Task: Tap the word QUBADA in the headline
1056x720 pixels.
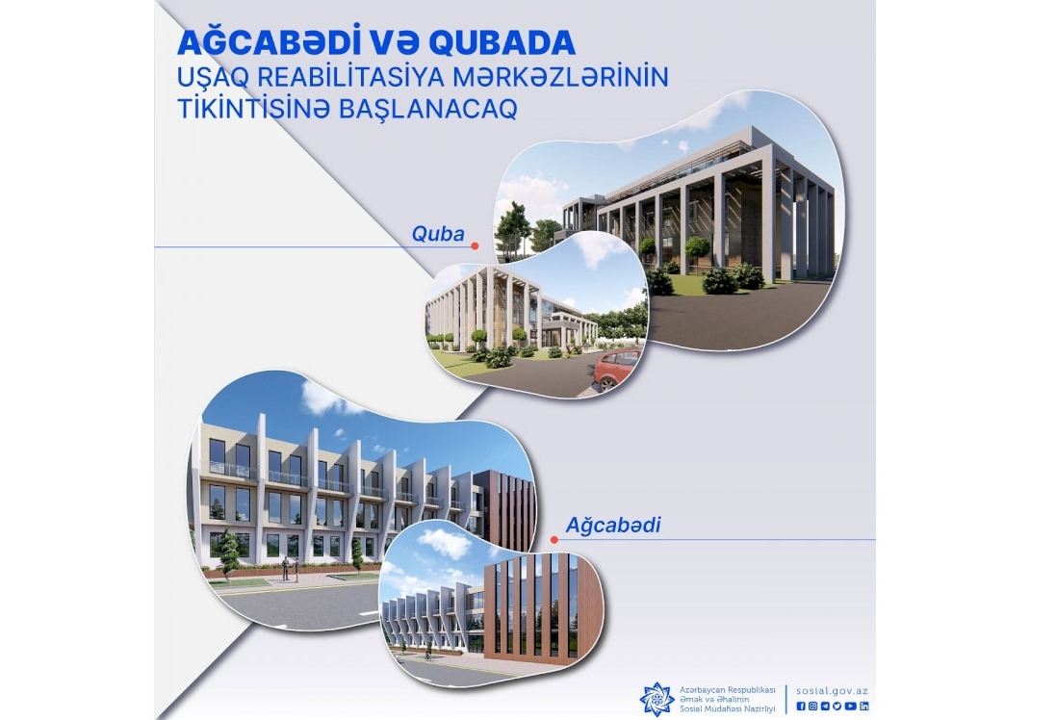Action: click(x=502, y=43)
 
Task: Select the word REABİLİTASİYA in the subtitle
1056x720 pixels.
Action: click(x=341, y=76)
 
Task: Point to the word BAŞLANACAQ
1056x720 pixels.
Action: click(x=427, y=108)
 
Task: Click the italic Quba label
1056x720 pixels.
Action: click(x=438, y=234)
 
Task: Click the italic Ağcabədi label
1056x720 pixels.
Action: click(x=613, y=526)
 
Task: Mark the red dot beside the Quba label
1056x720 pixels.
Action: click(x=475, y=246)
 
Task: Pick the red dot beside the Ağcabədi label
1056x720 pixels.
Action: click(x=554, y=539)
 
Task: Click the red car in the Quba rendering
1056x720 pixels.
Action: click(x=616, y=369)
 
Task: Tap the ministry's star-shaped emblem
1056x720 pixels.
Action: click(x=657, y=699)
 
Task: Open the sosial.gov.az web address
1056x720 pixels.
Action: click(x=832, y=691)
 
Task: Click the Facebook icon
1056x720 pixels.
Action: click(x=801, y=706)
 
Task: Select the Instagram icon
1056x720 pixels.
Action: click(x=812, y=706)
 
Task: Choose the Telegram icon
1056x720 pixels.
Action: click(x=825, y=706)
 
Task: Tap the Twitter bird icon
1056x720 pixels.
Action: click(x=837, y=706)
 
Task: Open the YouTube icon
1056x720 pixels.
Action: click(x=851, y=706)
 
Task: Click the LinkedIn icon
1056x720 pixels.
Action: click(x=864, y=706)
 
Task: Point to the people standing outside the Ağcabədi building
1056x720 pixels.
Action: click(x=290, y=569)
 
